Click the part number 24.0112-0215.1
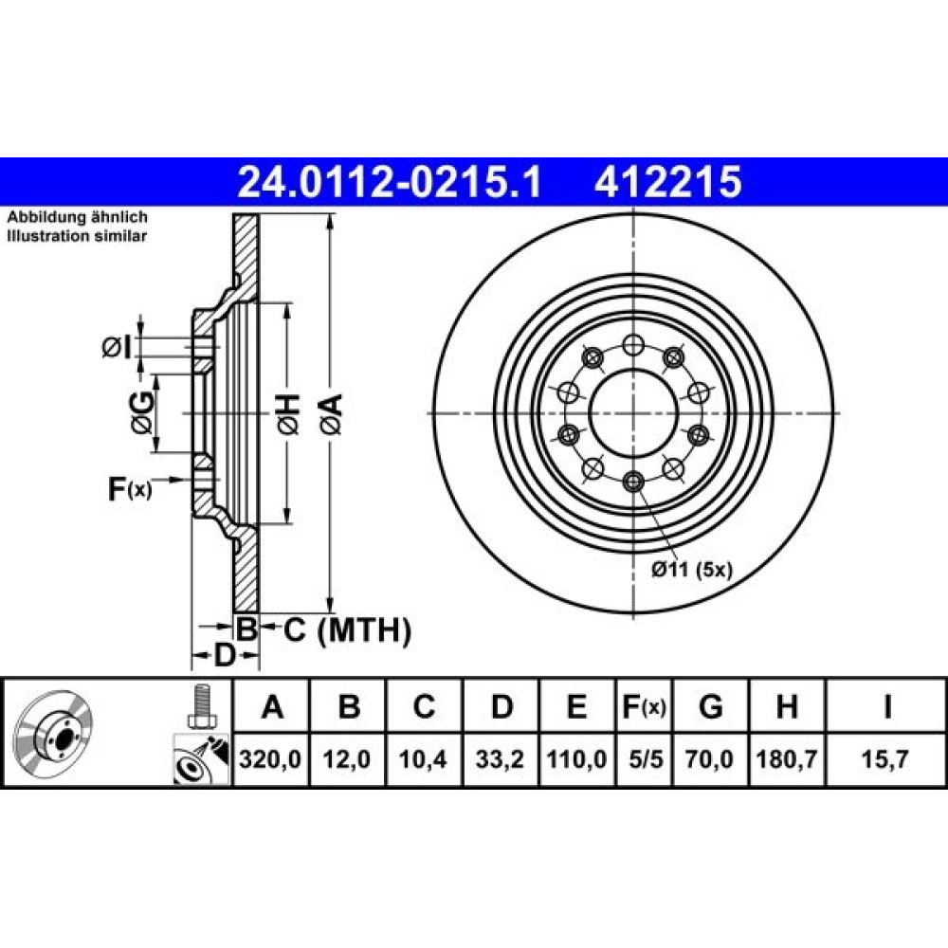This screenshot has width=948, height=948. pyautogui.click(x=390, y=182)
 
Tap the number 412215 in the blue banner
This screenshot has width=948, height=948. pyautogui.click(x=668, y=182)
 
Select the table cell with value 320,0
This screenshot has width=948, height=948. pyautogui.click(x=270, y=758)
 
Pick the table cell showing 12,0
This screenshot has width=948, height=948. pyautogui.click(x=347, y=758)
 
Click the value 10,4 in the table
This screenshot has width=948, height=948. pyautogui.click(x=423, y=758)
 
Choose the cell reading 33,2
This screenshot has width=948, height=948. pyautogui.click(x=500, y=758)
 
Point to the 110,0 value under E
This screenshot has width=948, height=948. pyautogui.click(x=576, y=758)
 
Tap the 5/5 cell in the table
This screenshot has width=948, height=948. pyautogui.click(x=645, y=758)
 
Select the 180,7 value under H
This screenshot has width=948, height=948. pyautogui.click(x=787, y=758)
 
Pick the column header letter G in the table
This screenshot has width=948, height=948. pyautogui.click(x=710, y=706)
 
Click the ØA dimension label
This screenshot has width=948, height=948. pyautogui.click(x=332, y=413)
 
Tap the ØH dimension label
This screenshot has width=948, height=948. pyautogui.click(x=288, y=413)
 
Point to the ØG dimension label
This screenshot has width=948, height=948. pyautogui.click(x=142, y=413)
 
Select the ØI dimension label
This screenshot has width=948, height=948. pyautogui.click(x=117, y=348)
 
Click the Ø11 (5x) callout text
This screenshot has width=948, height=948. pyautogui.click(x=692, y=569)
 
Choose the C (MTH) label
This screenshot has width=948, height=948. pyautogui.click(x=348, y=630)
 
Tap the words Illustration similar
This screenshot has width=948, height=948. pyautogui.click(x=77, y=236)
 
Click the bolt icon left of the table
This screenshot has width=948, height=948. pyautogui.click(x=201, y=707)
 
